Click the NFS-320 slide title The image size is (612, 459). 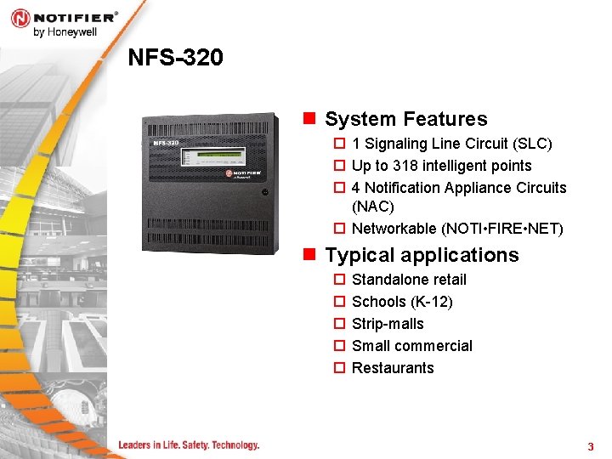point(175,57)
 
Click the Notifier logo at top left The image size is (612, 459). point(64,17)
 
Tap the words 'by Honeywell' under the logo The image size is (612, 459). point(65,32)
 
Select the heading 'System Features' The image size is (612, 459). point(405,119)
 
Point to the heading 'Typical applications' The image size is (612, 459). point(422,255)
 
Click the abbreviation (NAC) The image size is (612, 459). point(373,207)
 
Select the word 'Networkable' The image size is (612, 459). point(394,229)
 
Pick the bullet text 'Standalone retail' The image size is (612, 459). point(409,280)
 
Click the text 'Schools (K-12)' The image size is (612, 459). point(402,302)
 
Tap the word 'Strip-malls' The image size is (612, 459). point(388,324)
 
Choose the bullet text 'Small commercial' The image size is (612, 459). point(411,346)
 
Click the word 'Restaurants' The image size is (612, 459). point(393,368)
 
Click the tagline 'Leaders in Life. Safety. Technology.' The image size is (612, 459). point(189,445)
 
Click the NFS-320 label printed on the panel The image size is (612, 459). point(166,143)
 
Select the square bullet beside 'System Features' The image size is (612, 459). point(309,119)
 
